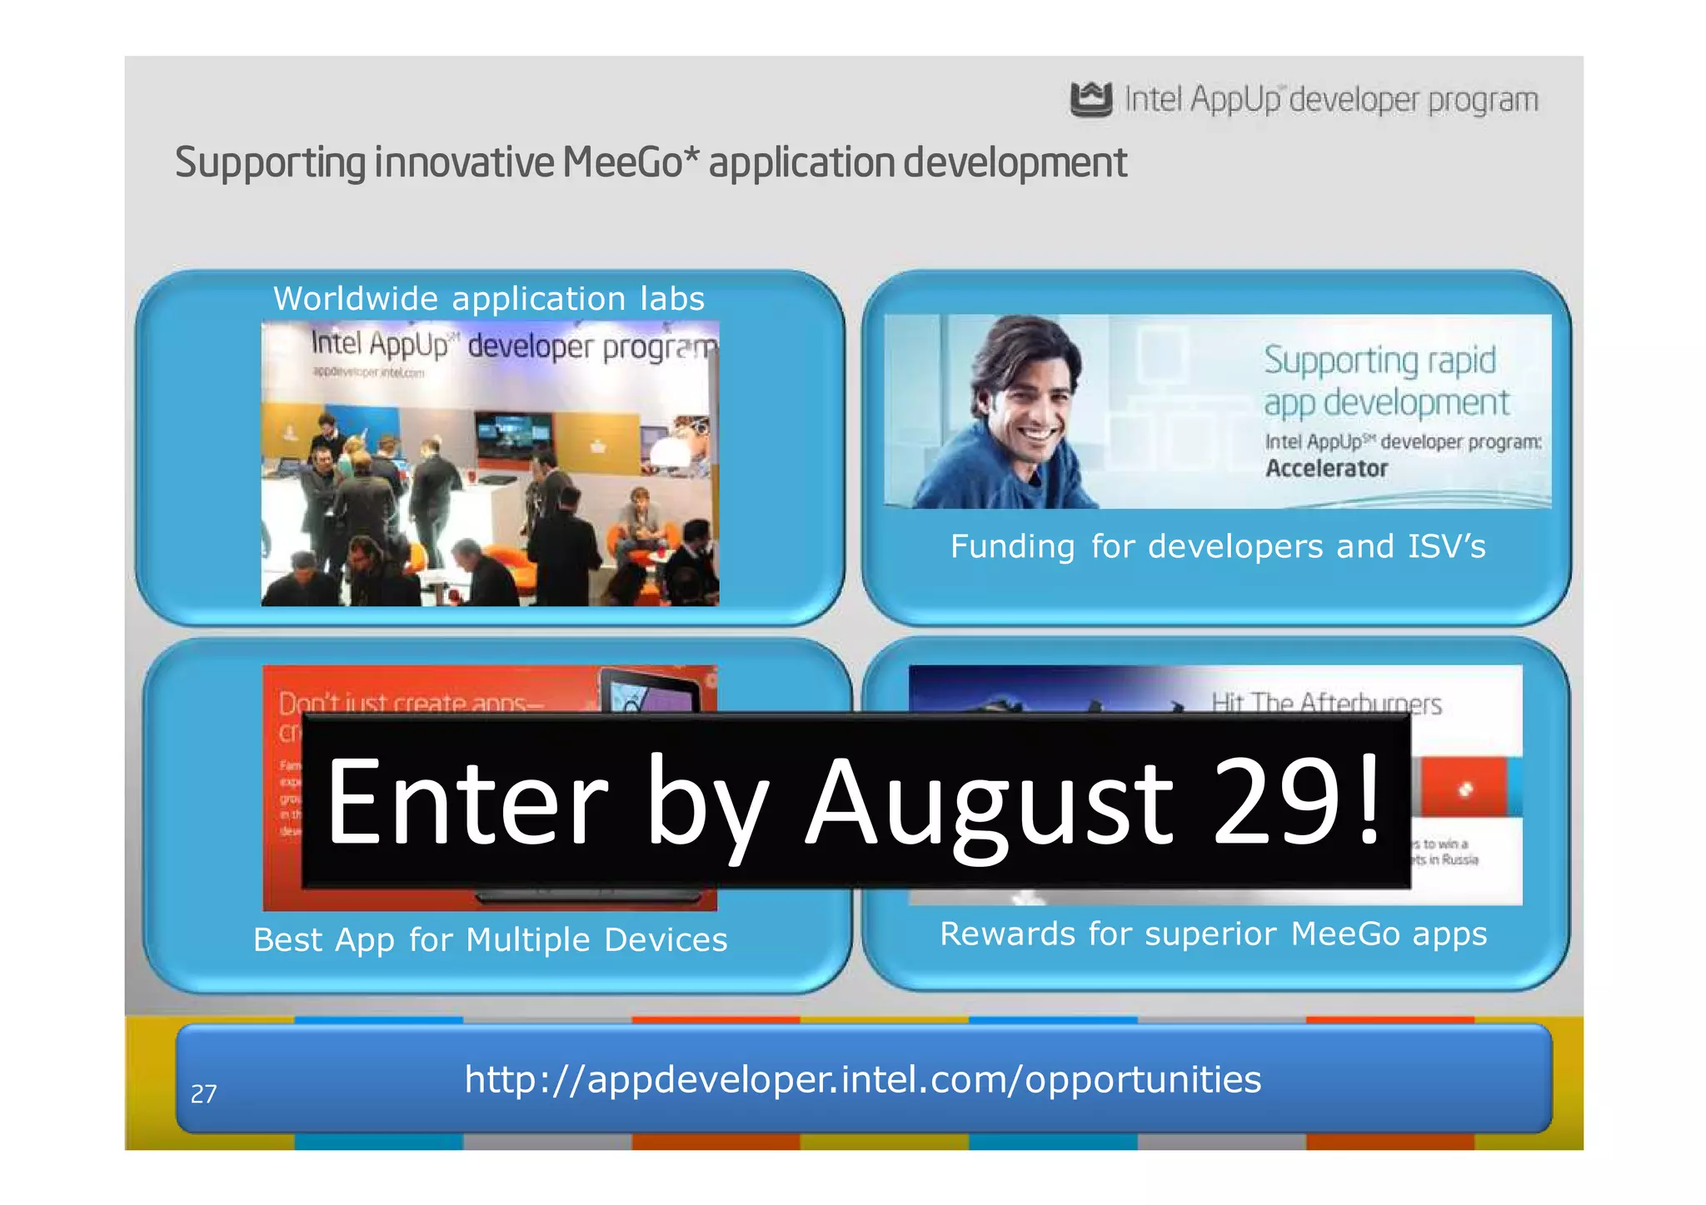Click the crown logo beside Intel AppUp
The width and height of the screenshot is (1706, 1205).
(x=1090, y=99)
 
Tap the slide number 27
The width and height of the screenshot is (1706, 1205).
(x=204, y=1093)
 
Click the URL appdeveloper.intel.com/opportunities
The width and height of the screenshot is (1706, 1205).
(x=863, y=1079)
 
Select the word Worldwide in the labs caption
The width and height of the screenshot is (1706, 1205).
(x=356, y=299)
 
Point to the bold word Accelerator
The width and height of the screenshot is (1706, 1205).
(x=1326, y=469)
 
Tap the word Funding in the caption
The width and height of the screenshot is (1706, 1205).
(x=1012, y=547)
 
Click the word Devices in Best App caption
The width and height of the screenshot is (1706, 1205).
(x=666, y=940)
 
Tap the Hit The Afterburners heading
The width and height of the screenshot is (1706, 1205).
(x=1326, y=704)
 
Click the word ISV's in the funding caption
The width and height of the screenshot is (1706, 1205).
(x=1446, y=547)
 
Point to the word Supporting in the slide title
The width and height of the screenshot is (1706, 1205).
(x=270, y=163)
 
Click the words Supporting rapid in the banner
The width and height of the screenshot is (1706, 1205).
(x=1379, y=360)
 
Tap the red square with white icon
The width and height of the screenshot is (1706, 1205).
(x=1465, y=788)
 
